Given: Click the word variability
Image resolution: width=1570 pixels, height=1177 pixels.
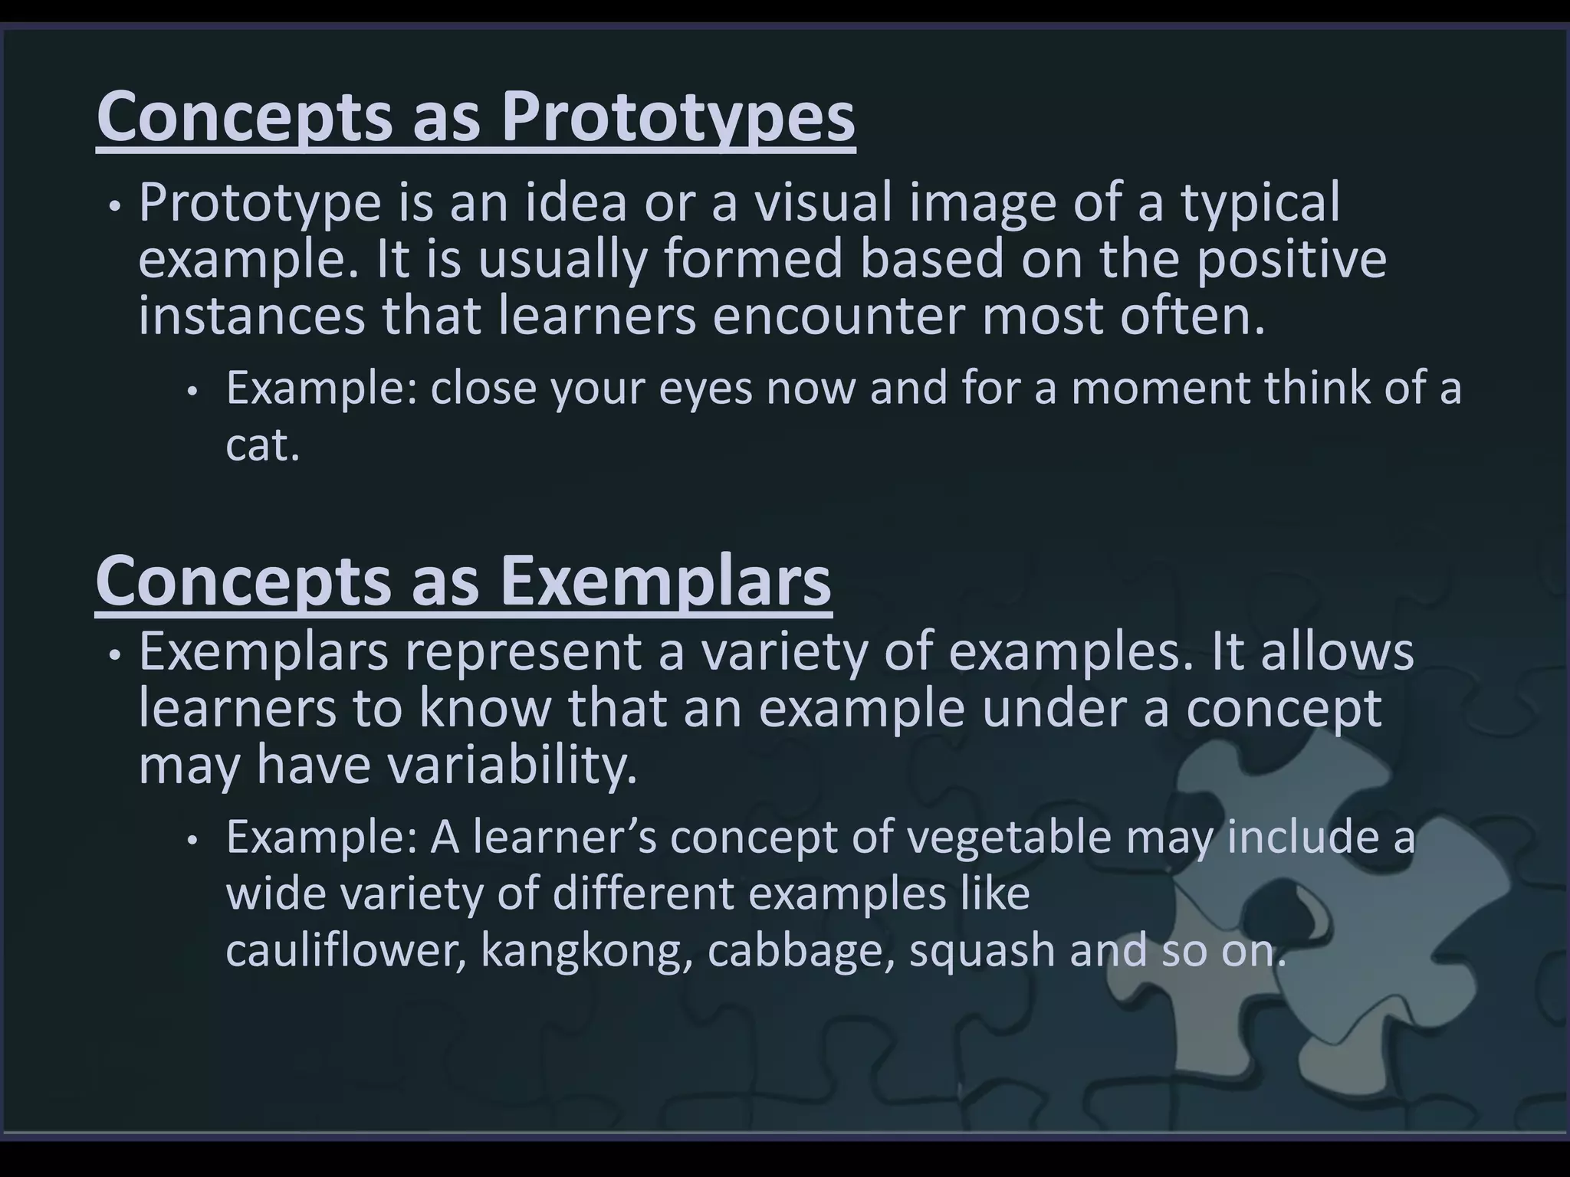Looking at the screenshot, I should click(511, 765).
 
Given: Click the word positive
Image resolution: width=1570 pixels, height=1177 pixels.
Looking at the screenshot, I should click(1291, 259).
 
